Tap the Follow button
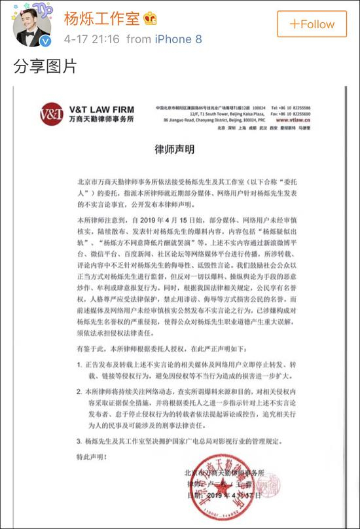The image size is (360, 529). (x=312, y=24)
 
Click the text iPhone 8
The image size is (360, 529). (x=173, y=40)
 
